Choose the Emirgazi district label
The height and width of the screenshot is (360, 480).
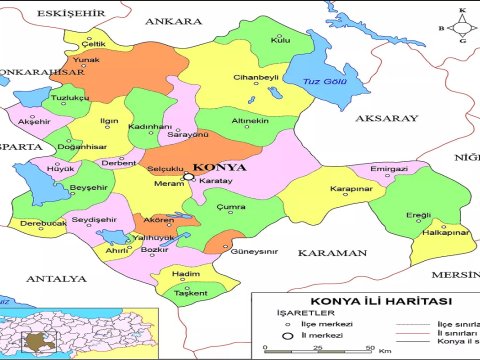(x=390, y=169)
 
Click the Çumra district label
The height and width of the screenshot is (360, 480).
(x=232, y=206)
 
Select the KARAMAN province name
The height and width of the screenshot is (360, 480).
(x=330, y=253)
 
